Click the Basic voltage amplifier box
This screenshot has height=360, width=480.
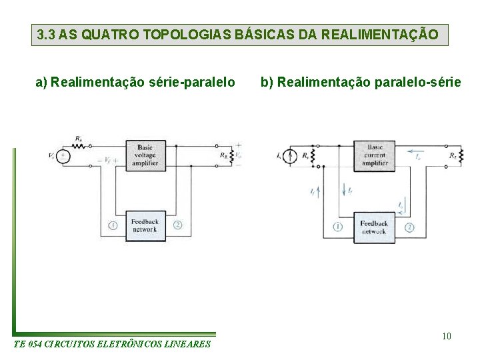pos(145,155)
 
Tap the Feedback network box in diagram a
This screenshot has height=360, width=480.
pos(145,225)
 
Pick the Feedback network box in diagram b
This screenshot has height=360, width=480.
pos(374,227)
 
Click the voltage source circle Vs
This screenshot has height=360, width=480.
pos(62,156)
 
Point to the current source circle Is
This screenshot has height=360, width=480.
pos(290,157)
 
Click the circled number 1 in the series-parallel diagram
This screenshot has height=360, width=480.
pos(113,225)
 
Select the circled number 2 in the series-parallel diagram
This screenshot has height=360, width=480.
pos(177,225)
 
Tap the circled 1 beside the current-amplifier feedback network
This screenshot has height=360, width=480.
pos(338,227)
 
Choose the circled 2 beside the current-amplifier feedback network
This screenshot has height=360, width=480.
pos(409,227)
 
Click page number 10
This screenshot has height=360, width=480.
pos(447,335)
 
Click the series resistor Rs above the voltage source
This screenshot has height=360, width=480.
pos(79,143)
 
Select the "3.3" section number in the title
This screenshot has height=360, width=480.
pos(46,35)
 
